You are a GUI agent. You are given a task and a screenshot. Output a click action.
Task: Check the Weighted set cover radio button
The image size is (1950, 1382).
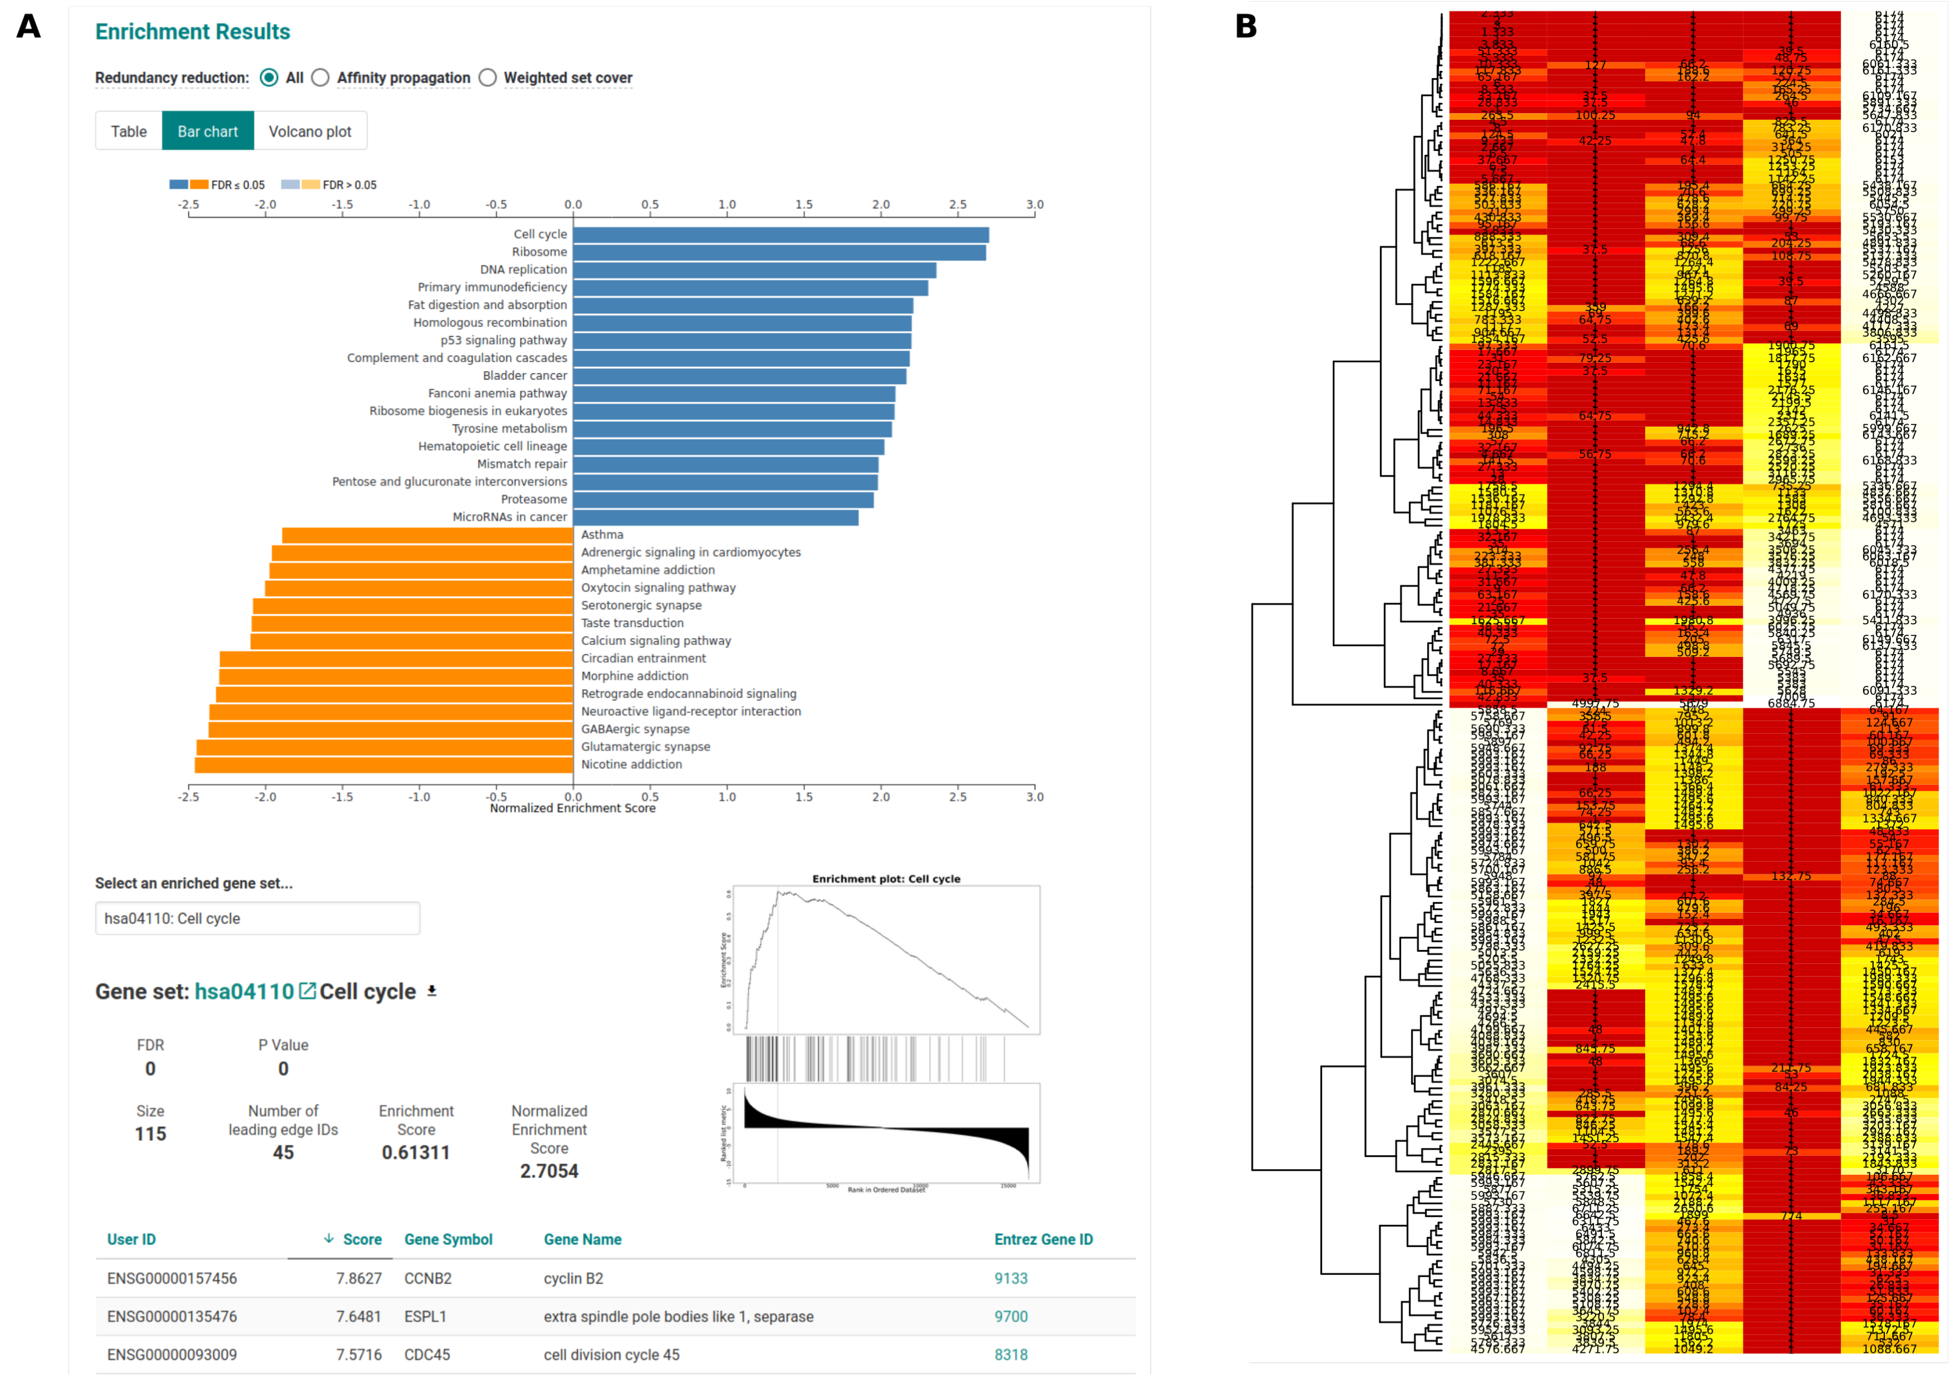coord(487,77)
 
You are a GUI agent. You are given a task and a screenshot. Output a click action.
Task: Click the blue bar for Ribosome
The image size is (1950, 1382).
coord(778,252)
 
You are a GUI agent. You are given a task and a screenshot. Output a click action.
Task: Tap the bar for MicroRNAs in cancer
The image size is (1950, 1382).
coord(715,517)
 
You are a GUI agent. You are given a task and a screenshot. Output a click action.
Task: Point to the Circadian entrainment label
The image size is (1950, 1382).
coord(643,659)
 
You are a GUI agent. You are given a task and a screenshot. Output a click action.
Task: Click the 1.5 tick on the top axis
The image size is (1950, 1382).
coord(803,205)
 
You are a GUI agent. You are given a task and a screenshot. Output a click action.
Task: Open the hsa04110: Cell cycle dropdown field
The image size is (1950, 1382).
coord(257,918)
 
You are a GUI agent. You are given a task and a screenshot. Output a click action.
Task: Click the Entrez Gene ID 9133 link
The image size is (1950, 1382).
coord(1011,1278)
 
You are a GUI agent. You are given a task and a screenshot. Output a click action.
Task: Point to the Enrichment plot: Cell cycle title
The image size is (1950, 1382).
coord(886,879)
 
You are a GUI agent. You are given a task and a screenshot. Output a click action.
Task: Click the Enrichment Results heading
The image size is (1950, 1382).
coord(192,32)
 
